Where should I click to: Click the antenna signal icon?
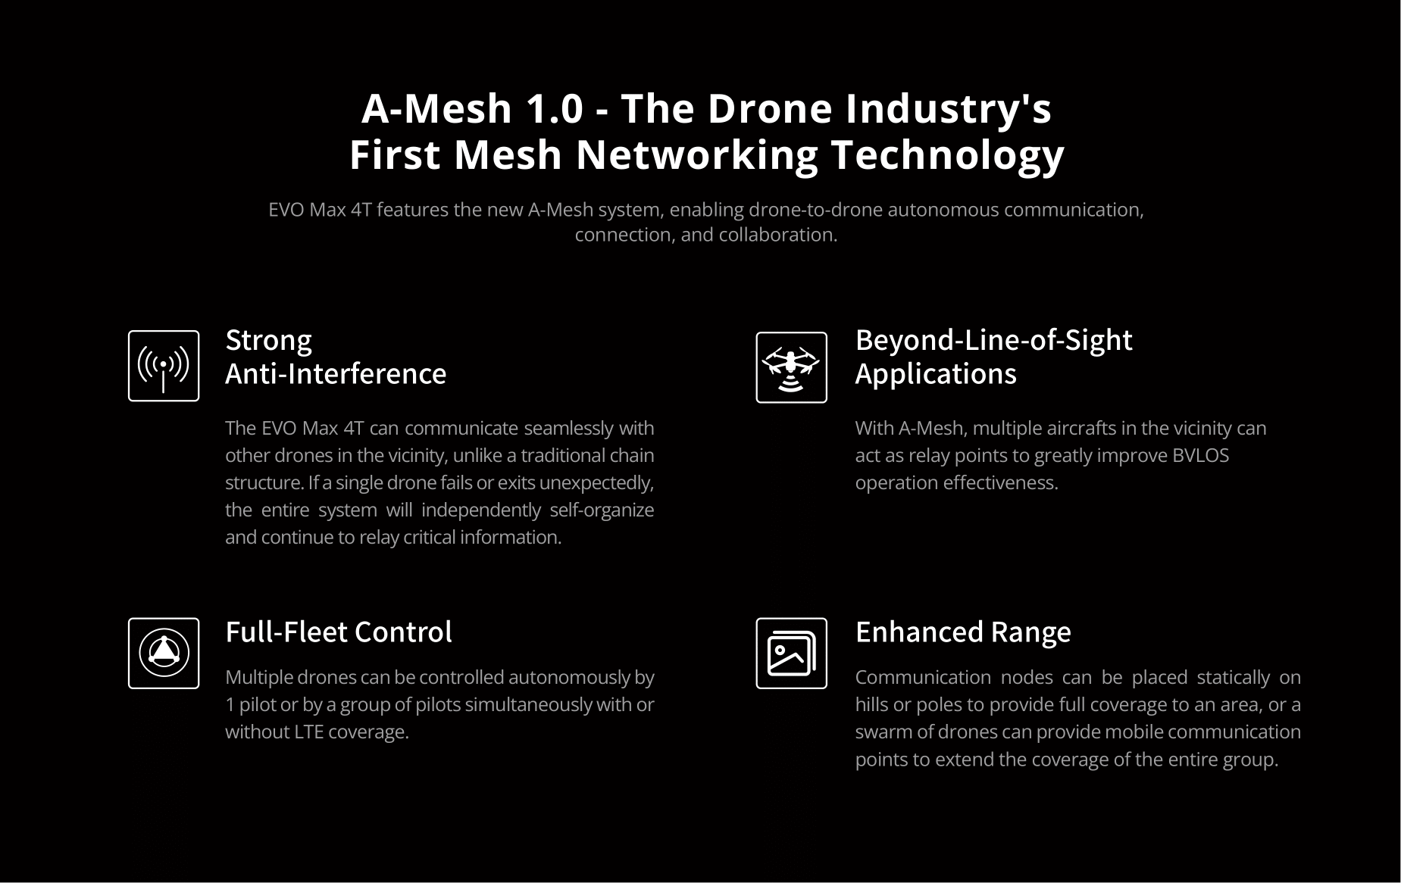(164, 366)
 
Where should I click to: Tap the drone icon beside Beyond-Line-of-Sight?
(791, 367)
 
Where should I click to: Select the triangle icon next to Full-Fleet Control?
(164, 653)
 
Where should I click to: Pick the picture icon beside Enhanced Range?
(791, 653)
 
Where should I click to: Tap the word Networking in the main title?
(697, 154)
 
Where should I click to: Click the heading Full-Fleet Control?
(339, 632)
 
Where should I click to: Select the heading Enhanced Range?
(963, 632)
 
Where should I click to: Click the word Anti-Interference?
(336, 373)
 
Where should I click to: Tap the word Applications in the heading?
(936, 374)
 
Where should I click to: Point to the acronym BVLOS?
(1200, 455)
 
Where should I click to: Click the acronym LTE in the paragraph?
(308, 732)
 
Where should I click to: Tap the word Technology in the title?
(948, 155)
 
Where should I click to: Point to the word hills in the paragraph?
(872, 704)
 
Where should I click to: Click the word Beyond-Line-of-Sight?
(993, 341)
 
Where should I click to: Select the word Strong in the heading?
(269, 341)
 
